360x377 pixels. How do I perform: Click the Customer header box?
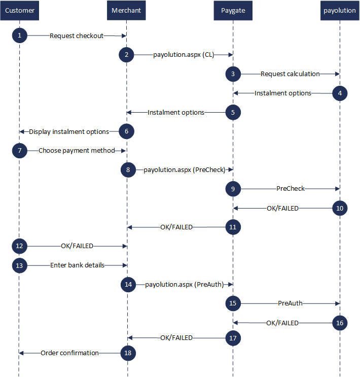click(19, 10)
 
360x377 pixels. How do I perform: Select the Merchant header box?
click(126, 10)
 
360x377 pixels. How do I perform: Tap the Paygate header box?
click(233, 10)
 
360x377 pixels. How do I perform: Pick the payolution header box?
click(340, 10)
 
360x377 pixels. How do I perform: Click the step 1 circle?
click(19, 36)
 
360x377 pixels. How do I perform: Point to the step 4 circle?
click(340, 93)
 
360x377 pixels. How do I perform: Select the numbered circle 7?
click(19, 151)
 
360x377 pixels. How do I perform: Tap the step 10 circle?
click(340, 208)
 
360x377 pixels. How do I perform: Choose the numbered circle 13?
click(19, 265)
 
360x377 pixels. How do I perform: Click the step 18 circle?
click(128, 353)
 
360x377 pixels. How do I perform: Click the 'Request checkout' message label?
click(77, 36)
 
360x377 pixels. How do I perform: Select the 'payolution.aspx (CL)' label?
click(184, 55)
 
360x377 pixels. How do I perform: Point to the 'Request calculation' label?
click(290, 74)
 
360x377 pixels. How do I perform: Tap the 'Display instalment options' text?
click(69, 132)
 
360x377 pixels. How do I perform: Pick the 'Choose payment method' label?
click(77, 151)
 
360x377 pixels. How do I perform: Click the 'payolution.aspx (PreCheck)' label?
click(185, 170)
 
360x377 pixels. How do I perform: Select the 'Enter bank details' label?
click(77, 265)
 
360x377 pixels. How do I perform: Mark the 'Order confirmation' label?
click(69, 353)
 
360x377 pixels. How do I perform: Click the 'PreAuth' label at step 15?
click(290, 303)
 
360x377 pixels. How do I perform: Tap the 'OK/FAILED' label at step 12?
click(77, 246)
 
